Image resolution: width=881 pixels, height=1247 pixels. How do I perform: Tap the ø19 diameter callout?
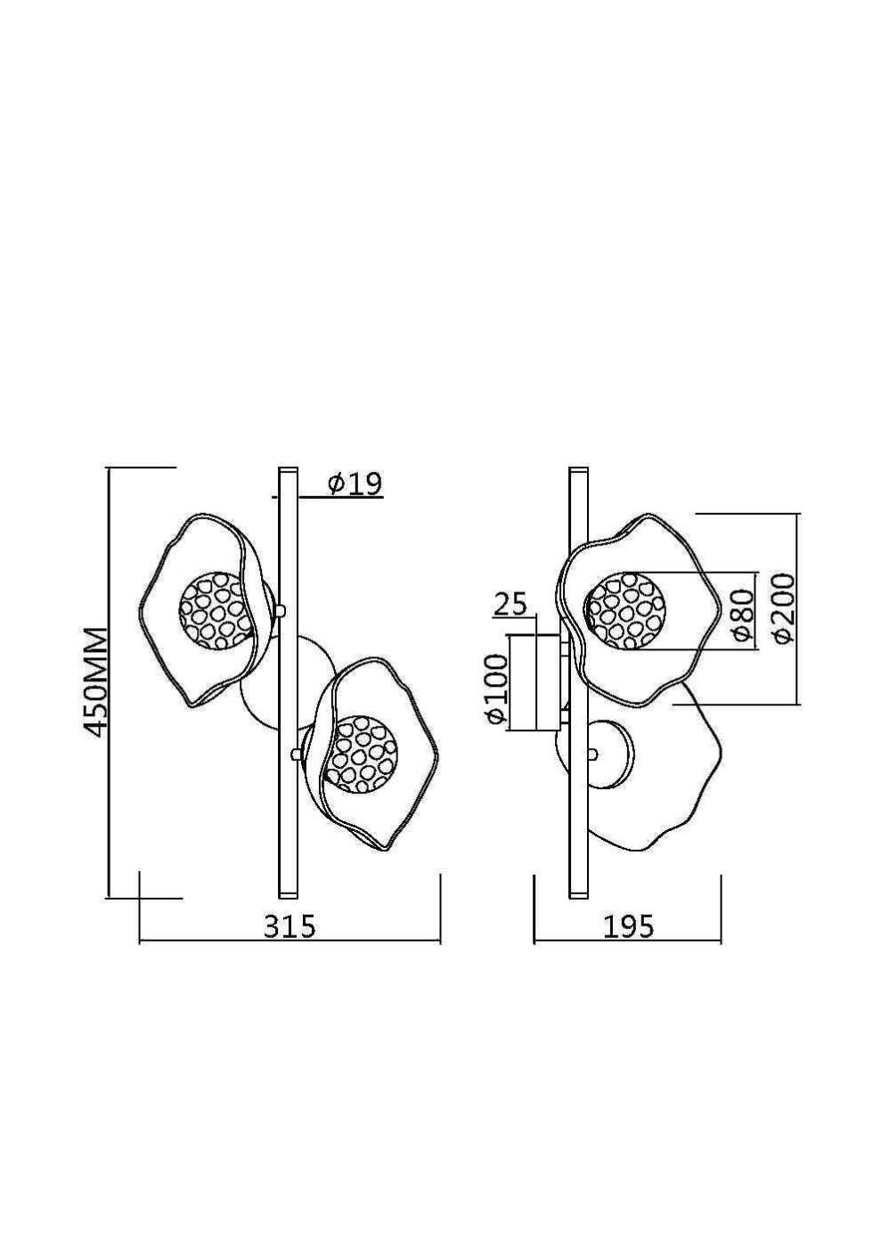[355, 484]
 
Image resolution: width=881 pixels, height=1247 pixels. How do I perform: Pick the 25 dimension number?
[510, 606]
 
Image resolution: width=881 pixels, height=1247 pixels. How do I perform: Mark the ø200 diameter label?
[784, 608]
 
